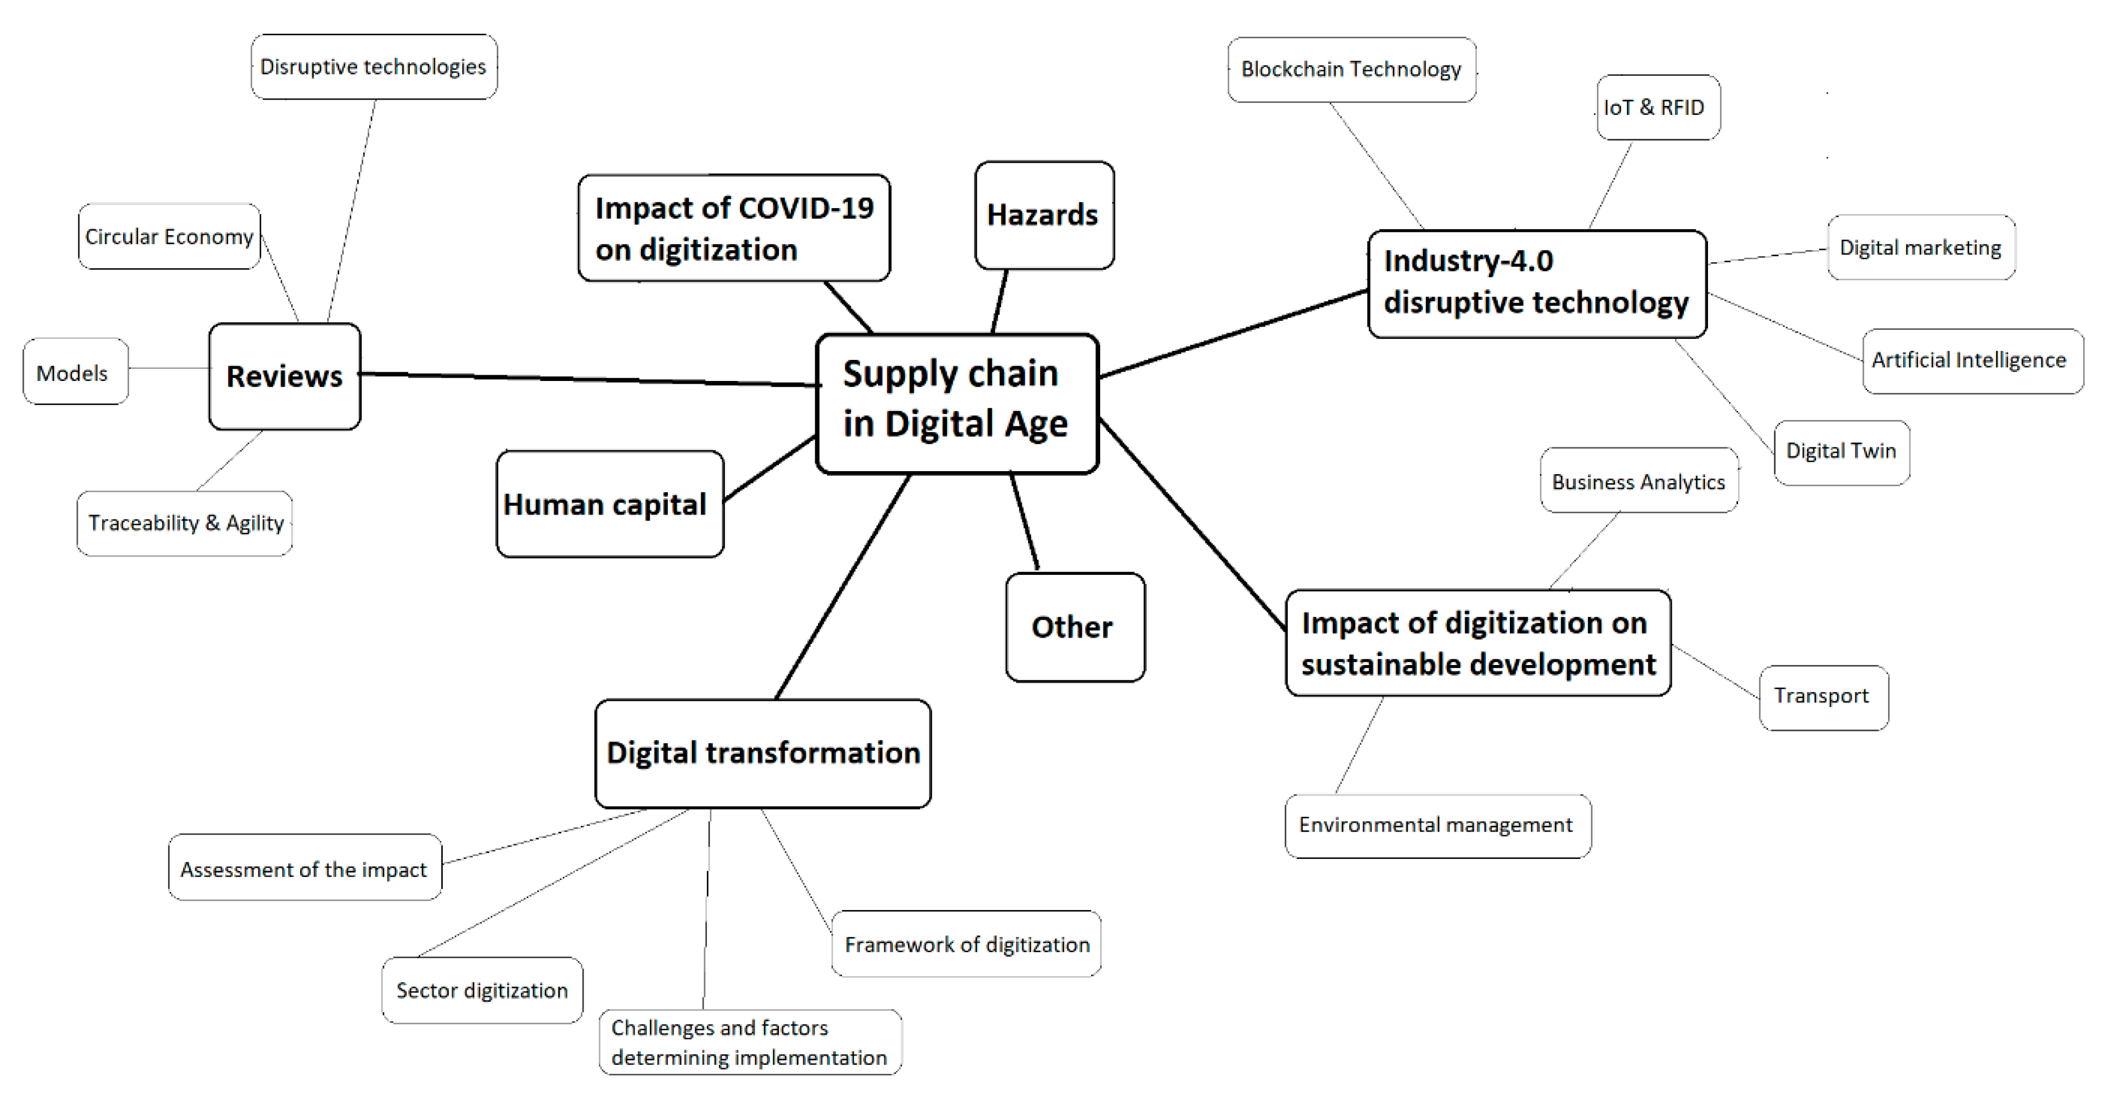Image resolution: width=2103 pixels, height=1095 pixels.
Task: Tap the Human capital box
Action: pos(609,504)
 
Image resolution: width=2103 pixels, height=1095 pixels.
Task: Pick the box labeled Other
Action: pos(1074,627)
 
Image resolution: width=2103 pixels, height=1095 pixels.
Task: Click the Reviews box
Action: pos(284,376)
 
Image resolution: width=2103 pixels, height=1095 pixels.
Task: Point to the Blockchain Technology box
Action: pos(1351,70)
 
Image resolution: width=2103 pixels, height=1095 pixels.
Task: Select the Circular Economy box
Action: pos(169,237)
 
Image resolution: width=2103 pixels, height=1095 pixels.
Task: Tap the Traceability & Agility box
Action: pos(185,523)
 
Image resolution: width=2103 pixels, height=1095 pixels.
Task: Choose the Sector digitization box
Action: pos(482,991)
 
